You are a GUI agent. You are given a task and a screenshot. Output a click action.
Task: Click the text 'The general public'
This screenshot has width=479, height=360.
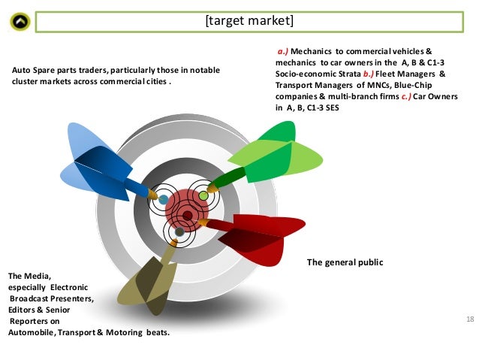(345, 262)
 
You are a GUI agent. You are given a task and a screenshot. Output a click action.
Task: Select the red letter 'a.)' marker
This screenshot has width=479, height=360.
(285, 50)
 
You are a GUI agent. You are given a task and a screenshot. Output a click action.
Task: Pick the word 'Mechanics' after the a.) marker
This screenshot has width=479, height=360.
(313, 50)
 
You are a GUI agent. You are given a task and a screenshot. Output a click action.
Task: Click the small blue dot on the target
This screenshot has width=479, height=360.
(163, 200)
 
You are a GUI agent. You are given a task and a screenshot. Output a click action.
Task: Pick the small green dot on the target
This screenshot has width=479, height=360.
(203, 195)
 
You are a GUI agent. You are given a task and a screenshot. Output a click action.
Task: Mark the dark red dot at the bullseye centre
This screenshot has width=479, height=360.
(185, 216)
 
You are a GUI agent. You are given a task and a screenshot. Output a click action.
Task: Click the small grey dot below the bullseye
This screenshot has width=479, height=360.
(179, 232)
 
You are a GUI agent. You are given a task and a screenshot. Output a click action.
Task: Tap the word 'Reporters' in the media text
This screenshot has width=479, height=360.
(29, 321)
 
